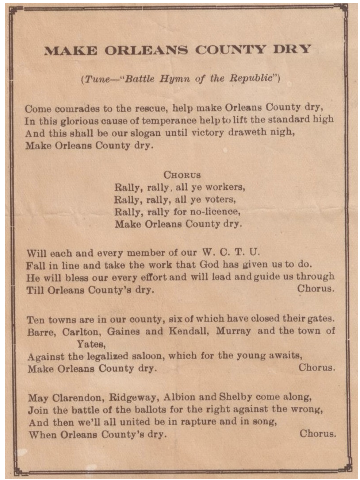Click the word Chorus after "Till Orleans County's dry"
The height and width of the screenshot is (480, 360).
tap(315, 289)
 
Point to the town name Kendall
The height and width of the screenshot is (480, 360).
tap(188, 332)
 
